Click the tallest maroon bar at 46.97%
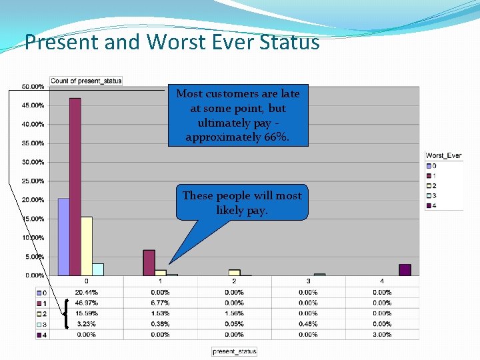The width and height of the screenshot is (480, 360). (x=75, y=187)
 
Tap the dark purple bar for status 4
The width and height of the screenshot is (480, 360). (x=405, y=269)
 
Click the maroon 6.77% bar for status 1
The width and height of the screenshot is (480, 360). (x=149, y=263)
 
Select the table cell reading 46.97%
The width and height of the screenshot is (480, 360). (x=86, y=303)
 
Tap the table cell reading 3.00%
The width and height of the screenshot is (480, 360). (x=382, y=335)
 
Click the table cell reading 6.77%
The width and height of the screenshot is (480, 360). (x=160, y=303)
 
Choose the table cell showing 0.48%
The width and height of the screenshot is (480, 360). (x=308, y=324)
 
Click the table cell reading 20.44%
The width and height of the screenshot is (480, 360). (x=86, y=292)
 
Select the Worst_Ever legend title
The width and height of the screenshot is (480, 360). (x=443, y=156)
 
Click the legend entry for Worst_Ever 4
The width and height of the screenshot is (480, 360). (x=433, y=205)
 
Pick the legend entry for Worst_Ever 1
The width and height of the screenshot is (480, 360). (x=433, y=175)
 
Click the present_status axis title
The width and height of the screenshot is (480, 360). (x=234, y=351)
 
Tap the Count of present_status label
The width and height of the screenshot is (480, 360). (x=86, y=81)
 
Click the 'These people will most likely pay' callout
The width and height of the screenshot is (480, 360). (x=242, y=202)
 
